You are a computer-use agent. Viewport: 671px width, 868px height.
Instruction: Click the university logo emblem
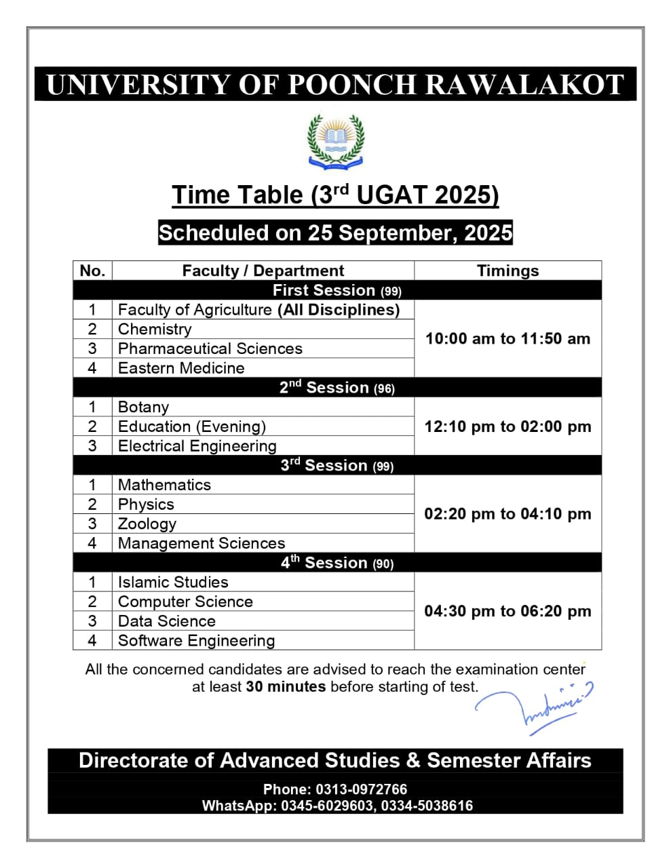pos(335,140)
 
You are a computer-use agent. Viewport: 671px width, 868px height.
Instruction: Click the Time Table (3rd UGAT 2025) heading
pos(335,195)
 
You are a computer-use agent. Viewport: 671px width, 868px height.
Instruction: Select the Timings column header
pos(507,271)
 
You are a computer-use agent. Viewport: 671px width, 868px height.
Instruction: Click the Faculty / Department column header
pos(263,271)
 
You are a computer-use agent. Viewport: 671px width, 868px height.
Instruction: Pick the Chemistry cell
pos(155,329)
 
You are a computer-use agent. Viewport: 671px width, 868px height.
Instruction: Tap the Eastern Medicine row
pos(181,368)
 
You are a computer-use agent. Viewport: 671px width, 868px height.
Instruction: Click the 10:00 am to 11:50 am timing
pos(507,338)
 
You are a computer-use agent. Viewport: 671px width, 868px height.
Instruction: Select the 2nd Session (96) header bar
pos(337,387)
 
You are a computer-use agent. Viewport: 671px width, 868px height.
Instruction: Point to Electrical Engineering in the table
pos(197,446)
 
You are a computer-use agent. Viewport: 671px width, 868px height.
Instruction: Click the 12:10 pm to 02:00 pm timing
pos(507,427)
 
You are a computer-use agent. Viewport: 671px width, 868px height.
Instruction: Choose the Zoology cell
pos(147,524)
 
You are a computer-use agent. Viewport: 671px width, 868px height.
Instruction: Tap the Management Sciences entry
pos(202,543)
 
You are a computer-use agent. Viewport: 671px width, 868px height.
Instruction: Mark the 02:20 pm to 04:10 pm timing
pos(507,514)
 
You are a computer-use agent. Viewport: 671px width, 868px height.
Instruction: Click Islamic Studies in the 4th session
pos(173,582)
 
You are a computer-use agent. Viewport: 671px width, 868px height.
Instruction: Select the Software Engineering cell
pos(196,640)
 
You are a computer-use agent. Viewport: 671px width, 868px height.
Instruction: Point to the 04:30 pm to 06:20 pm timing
pos(507,611)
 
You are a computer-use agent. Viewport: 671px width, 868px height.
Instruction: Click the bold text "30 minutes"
pos(286,686)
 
